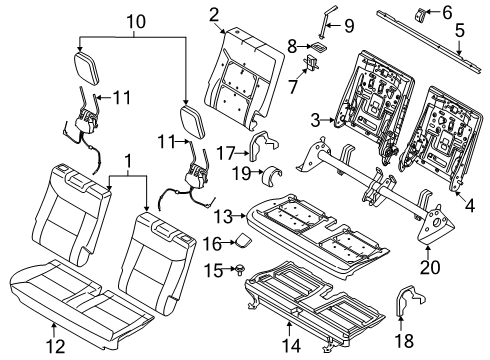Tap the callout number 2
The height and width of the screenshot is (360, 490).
(214, 14)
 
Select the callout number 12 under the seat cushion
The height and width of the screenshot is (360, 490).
(56, 347)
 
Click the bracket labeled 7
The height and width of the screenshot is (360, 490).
(312, 64)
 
